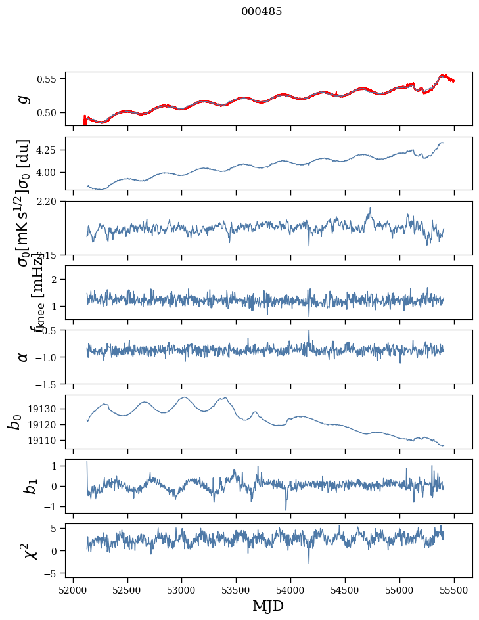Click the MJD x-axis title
click(268, 606)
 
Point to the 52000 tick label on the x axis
click(73, 589)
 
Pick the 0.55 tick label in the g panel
click(48, 79)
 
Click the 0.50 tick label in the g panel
click(48, 112)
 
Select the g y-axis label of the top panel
click(24, 99)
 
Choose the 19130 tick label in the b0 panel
click(44, 409)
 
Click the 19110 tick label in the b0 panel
click(44, 440)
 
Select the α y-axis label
click(24, 357)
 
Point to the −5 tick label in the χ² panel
click(51, 574)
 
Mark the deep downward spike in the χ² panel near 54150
click(309, 562)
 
